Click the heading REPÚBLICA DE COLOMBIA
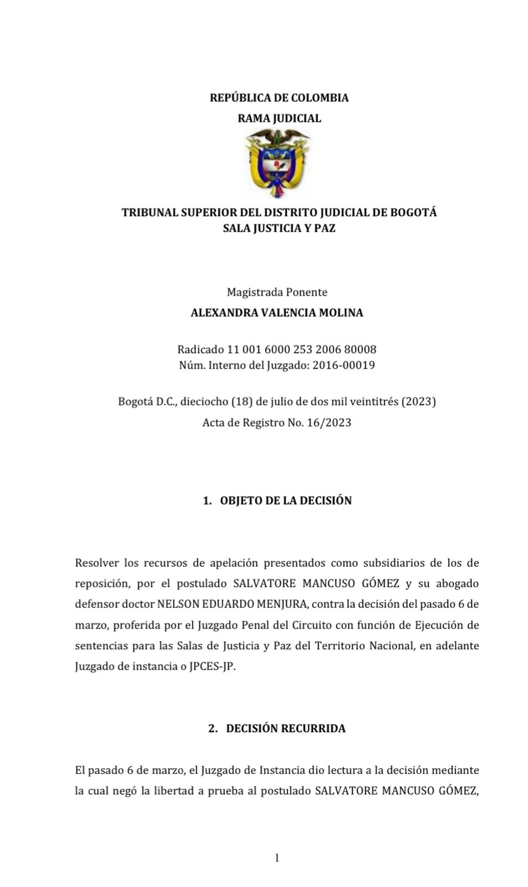click(279, 98)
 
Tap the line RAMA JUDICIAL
click(279, 118)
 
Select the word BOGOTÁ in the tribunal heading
click(414, 212)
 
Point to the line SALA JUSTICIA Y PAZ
click(279, 228)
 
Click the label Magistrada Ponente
click(277, 292)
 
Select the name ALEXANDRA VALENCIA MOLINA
click(277, 313)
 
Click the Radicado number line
click(277, 350)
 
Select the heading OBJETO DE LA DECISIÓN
click(286, 501)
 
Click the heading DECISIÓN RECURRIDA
click(286, 728)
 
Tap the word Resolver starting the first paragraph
click(96, 563)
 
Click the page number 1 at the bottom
click(277, 858)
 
